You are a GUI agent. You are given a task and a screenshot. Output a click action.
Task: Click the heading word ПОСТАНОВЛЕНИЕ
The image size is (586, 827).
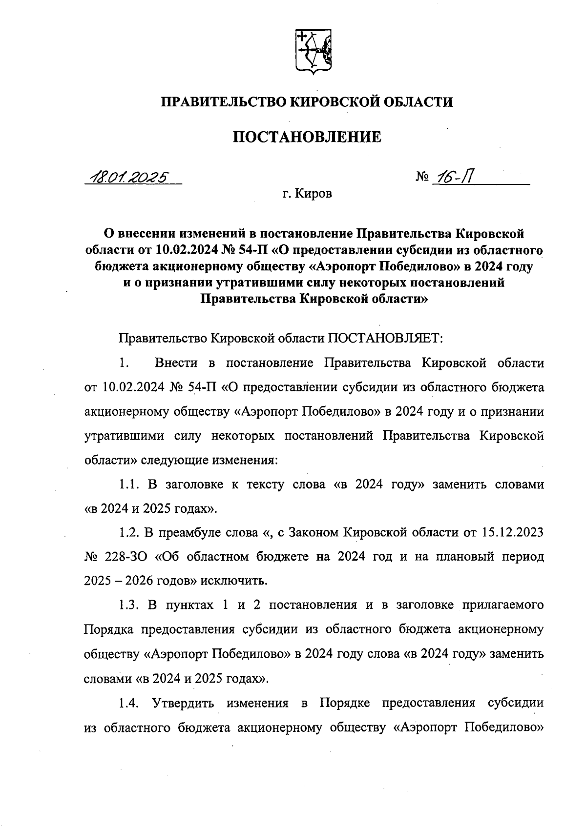click(307, 137)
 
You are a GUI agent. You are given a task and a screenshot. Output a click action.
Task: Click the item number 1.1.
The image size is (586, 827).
click(130, 484)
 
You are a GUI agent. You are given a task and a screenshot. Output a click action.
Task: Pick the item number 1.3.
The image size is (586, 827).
click(130, 605)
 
